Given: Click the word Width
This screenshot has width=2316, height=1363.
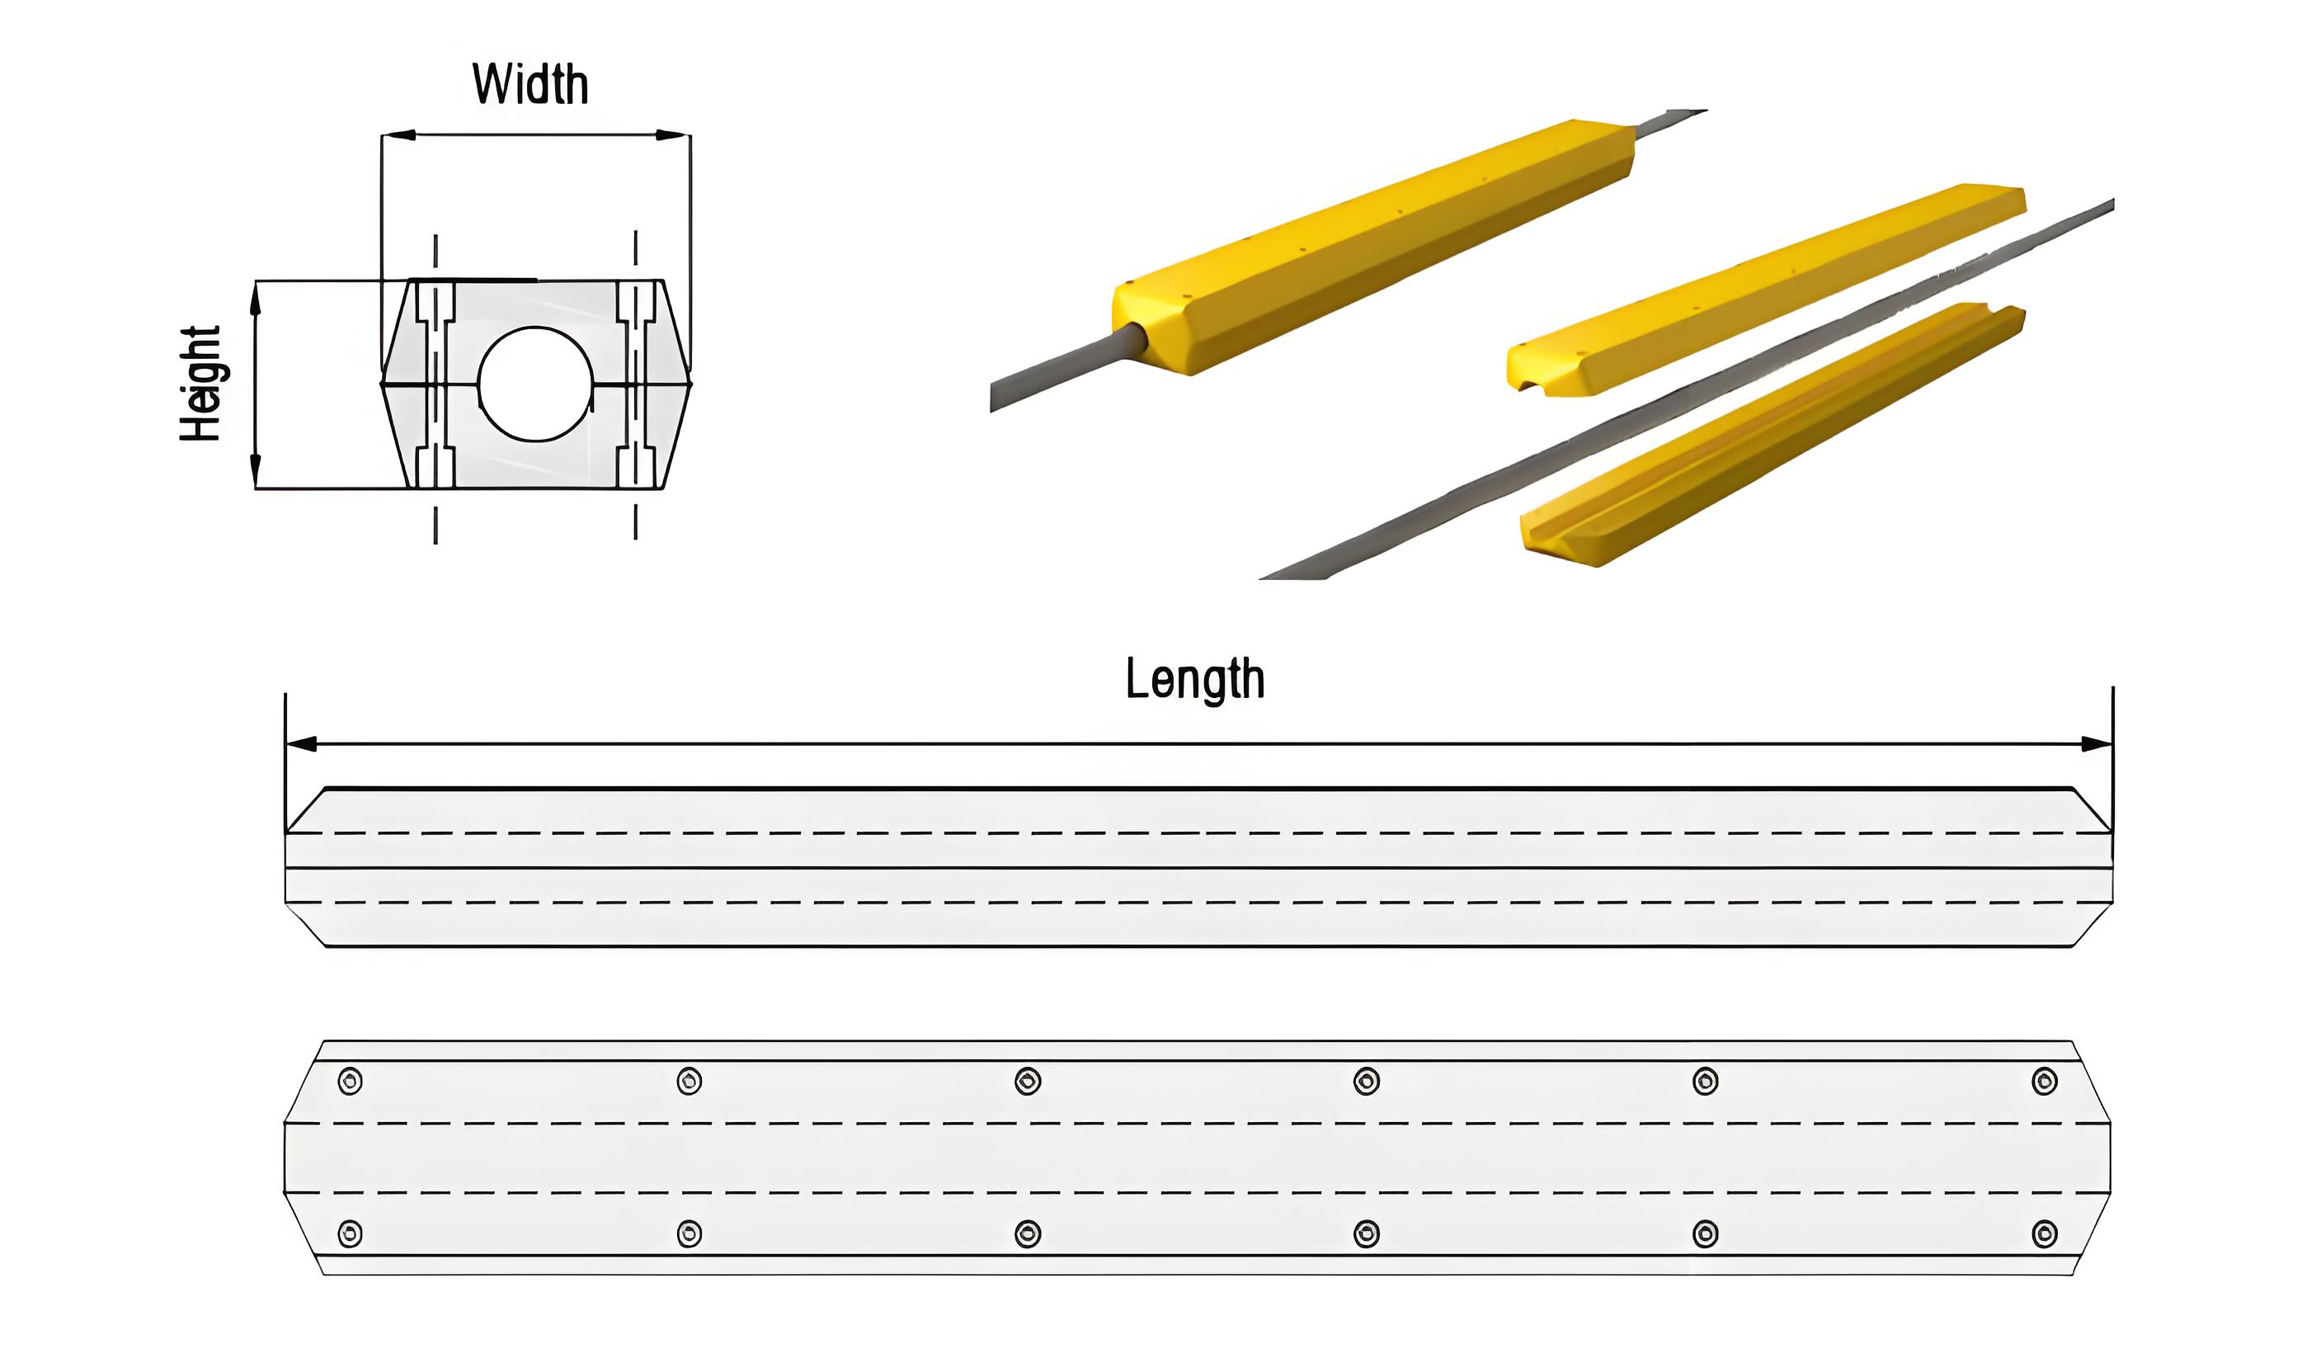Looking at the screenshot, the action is pos(530,83).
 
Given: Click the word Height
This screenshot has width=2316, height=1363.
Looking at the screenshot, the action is pos(200,384).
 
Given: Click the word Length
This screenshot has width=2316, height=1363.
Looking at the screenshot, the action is pos(1195,679).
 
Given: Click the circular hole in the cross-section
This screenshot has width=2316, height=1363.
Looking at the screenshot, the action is pos(536,384).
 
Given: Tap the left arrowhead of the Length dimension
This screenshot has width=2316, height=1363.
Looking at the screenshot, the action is pos(301,743).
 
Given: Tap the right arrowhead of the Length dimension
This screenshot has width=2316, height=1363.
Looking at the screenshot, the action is pos(2097,743).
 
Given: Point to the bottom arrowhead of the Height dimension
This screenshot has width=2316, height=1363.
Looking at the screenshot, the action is pos(256,470).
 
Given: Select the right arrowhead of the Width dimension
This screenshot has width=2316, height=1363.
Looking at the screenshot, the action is pos(672,135).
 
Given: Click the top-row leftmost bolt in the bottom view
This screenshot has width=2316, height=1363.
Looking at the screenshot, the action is pos(351,1081).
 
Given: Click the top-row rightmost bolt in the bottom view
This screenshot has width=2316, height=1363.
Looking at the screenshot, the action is pos(2045,1081).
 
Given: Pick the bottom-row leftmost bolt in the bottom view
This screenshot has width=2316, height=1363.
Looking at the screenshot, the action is pos(351,1233).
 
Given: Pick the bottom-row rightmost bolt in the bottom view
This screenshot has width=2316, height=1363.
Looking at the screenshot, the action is pos(2045,1233).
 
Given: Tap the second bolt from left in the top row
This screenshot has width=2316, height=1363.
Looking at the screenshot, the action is pos(690,1081).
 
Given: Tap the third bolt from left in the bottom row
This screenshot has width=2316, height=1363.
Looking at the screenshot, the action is pos(1028,1233).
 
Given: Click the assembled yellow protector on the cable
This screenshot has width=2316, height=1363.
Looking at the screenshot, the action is pos(1374,247).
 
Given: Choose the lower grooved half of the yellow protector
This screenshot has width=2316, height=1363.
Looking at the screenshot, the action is pos(1772,434).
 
